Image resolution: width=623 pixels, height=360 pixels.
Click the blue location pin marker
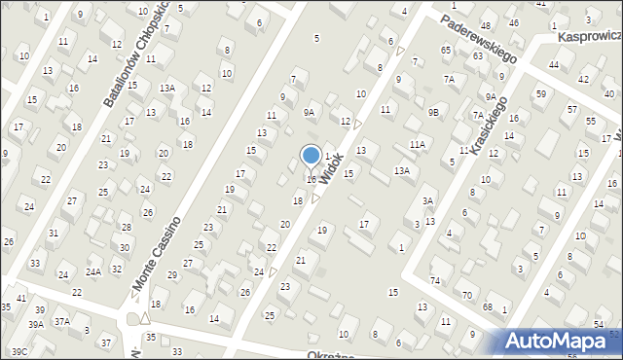[x=311, y=156]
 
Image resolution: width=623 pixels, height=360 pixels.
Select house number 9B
[x=434, y=113]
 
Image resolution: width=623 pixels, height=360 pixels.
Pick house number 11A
[x=417, y=145]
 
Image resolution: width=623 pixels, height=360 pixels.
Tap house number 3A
[x=426, y=201]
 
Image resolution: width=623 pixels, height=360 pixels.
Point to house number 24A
[x=93, y=272]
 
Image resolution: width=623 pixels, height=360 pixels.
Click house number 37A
[x=61, y=321]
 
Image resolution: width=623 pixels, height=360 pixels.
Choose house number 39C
[x=18, y=351]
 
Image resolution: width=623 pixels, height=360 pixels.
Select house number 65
[x=446, y=49]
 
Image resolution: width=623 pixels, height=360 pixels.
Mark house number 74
[x=435, y=280]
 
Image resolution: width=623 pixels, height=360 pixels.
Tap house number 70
[x=467, y=295]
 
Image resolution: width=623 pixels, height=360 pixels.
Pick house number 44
[x=553, y=64]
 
